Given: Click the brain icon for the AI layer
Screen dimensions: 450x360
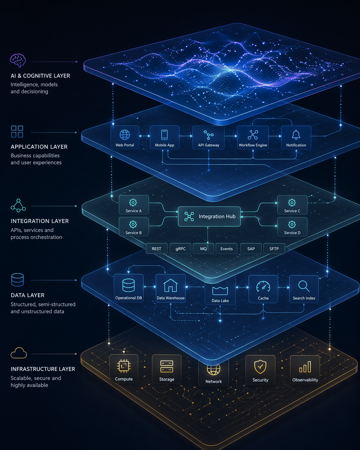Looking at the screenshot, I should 18,60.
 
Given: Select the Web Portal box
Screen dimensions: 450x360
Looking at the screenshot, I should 125,137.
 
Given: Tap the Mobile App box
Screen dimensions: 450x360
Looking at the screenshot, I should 165,137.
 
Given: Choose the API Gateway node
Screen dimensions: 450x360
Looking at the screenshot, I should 209,137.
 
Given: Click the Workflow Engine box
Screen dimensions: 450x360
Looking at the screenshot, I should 253,137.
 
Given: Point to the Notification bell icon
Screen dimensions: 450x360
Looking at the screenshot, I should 296,134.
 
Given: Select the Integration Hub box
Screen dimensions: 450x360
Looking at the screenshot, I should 209,217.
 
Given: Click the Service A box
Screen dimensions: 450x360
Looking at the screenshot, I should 133,205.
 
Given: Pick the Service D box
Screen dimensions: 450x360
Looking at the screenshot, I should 292,227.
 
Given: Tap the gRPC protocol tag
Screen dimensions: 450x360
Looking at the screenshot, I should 180,249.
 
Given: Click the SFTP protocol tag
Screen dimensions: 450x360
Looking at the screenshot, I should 274,249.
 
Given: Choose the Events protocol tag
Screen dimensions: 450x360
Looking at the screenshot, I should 227,249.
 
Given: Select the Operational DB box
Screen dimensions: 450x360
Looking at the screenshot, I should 129,288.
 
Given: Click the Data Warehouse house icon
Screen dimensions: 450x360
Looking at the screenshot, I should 170,285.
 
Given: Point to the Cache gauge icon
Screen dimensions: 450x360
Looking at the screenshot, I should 263,286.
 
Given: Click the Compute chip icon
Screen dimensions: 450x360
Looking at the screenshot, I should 124,366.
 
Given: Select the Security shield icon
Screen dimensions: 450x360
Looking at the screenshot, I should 260,367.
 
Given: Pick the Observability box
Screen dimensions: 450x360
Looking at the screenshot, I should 305,370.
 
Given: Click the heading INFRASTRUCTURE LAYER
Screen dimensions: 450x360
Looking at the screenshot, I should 43,369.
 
